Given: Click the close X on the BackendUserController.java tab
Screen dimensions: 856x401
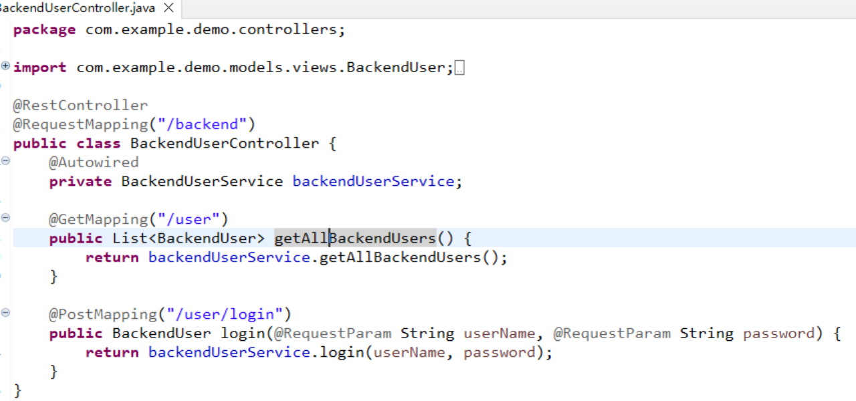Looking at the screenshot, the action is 169,8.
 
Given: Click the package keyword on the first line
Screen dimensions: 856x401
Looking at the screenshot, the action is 44,30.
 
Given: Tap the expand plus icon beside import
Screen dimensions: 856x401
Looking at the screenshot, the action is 5,65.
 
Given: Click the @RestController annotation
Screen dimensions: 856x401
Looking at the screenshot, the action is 80,106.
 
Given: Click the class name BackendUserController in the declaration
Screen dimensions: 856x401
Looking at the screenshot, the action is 225,144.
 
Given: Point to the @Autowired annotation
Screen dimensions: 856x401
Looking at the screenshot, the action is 94,162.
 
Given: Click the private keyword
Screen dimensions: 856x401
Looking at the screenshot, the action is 80,182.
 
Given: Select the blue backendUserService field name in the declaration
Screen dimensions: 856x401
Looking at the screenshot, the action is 373,182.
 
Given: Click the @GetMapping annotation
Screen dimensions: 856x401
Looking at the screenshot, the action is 98,219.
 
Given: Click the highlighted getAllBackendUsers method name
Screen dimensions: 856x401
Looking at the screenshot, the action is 355,239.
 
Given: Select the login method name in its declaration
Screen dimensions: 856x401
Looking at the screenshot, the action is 243,333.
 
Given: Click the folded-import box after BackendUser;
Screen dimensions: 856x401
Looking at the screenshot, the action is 459,68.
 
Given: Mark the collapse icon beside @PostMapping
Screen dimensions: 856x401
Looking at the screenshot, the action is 5,312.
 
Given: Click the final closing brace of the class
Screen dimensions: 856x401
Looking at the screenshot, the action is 17,390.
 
